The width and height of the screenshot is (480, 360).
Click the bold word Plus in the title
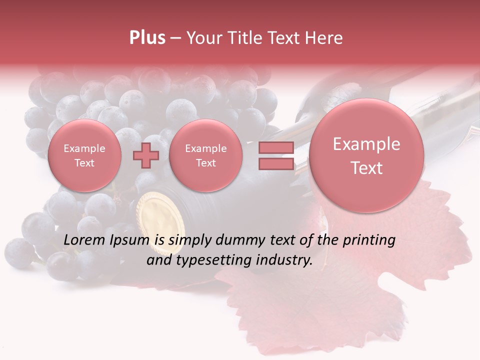[x=147, y=38]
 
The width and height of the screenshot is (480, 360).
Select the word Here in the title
[x=325, y=38]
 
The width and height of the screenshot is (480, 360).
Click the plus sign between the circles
[x=145, y=156]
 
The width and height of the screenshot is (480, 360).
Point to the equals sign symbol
[x=276, y=156]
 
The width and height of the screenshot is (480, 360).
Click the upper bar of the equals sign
[x=276, y=148]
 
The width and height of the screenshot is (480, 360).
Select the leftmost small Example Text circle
[x=84, y=155]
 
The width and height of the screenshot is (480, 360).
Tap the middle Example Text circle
[x=206, y=155]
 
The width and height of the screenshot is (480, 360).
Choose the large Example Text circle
[x=366, y=155]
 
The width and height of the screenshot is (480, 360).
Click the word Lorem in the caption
[x=84, y=240]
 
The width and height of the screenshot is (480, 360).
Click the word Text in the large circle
[x=366, y=168]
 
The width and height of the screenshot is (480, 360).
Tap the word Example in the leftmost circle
[x=84, y=148]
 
